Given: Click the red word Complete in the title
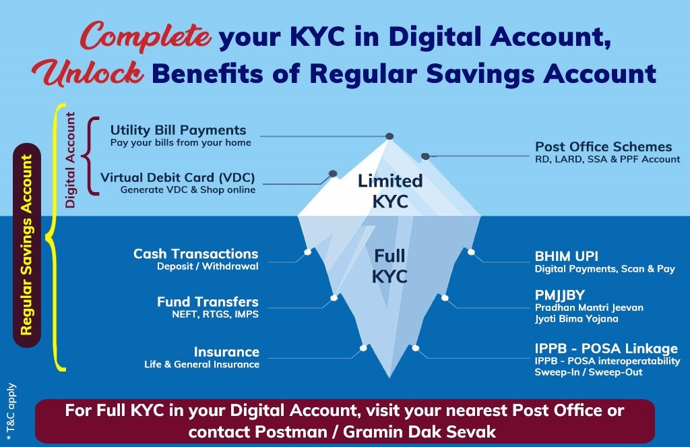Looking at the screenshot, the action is (x=146, y=36).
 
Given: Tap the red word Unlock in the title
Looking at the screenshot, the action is (x=88, y=72).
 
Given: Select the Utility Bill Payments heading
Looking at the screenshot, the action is (x=178, y=130).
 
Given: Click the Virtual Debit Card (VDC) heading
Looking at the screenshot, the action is (x=178, y=177).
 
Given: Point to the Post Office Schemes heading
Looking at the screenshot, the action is (x=603, y=147).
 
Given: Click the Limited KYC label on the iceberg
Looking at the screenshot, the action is (x=390, y=191).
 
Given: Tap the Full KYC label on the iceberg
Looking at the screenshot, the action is (x=389, y=266).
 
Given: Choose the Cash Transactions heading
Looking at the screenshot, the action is (x=196, y=254).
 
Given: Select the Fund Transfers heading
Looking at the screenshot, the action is (x=208, y=301).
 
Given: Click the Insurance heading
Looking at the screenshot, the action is (x=226, y=352).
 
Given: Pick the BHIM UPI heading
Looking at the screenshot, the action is (x=566, y=256).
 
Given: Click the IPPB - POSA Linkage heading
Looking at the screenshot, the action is (x=606, y=349).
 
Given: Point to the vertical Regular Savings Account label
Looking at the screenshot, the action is (x=27, y=245).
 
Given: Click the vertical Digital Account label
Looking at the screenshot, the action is (x=70, y=160).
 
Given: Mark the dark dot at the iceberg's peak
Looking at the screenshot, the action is (x=389, y=136).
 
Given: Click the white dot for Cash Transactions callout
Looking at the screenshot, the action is (x=307, y=252).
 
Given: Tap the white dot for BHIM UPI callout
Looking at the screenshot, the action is (x=471, y=252).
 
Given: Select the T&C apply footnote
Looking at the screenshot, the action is (x=11, y=412).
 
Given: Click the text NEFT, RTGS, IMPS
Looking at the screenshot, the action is (x=215, y=314).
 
